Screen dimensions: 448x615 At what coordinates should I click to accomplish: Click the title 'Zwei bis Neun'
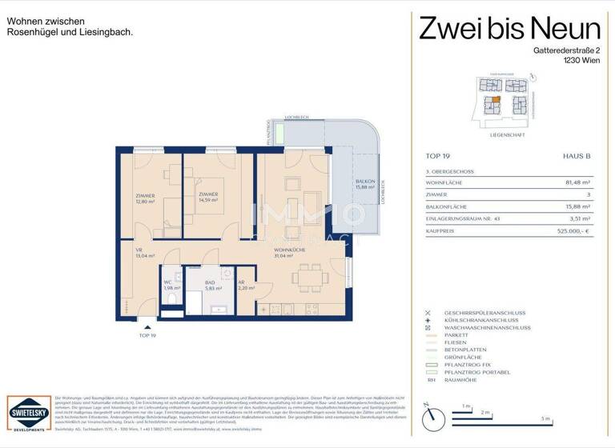(x=509, y=29)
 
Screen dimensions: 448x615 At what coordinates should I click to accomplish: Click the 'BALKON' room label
(x=365, y=182)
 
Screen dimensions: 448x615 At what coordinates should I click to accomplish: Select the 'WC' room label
(x=168, y=282)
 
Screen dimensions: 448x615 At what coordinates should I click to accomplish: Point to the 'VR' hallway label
(x=139, y=250)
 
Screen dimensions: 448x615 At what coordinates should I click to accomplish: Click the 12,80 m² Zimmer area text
(x=144, y=202)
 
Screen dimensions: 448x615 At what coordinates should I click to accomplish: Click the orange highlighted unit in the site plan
(x=496, y=100)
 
